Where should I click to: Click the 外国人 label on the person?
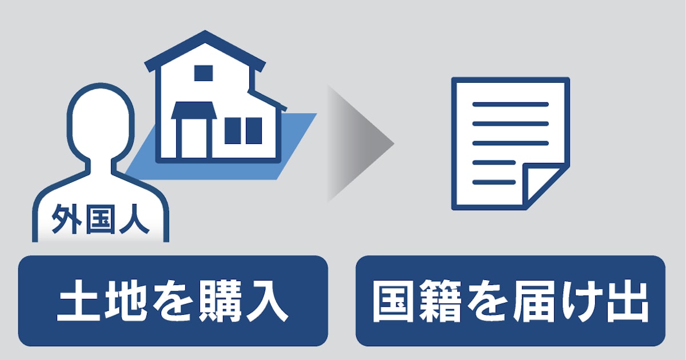pos(101,221)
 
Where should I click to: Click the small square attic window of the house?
pos(203,73)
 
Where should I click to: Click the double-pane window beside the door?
pos(243,130)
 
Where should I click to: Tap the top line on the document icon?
pos(510,105)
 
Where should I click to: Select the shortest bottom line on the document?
pos(494,182)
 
